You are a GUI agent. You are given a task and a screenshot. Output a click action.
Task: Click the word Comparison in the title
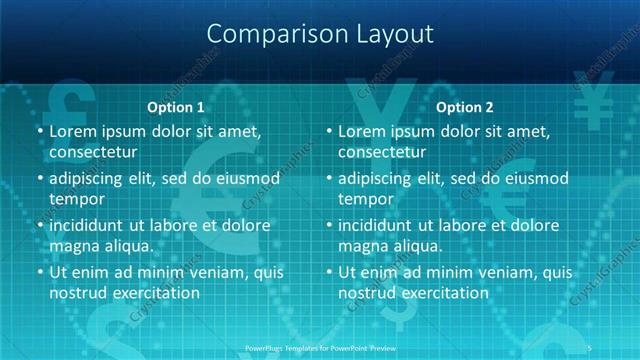[267, 33]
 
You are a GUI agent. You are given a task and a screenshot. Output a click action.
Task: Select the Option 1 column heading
[175, 107]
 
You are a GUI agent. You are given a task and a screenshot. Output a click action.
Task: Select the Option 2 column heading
[464, 107]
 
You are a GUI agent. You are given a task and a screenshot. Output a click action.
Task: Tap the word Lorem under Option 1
[73, 131]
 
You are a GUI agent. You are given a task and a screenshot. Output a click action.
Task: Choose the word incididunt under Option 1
[91, 225]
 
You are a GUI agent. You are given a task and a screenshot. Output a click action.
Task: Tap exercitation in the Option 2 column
[440, 293]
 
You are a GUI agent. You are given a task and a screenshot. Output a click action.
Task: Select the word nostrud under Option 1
[78, 293]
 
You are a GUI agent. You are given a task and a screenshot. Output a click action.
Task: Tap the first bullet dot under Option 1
[40, 131]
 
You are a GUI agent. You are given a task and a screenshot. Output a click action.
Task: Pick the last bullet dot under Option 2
[329, 272]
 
